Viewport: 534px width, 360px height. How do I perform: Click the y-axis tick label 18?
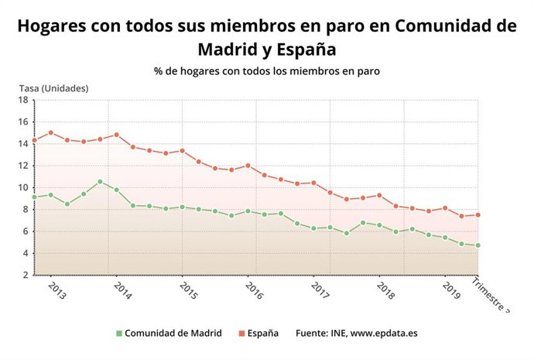pyautogui.click(x=22, y=100)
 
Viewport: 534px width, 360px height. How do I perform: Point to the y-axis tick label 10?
pyautogui.click(x=22, y=187)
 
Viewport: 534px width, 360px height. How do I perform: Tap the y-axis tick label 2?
pyautogui.click(x=25, y=275)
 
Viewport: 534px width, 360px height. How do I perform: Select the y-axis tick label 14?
pyautogui.click(x=22, y=143)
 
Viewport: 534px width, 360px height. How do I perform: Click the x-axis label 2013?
pyautogui.click(x=57, y=290)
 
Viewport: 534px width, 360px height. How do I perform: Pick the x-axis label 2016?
pyautogui.click(x=254, y=290)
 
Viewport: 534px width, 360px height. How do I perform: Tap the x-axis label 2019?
pyautogui.click(x=450, y=290)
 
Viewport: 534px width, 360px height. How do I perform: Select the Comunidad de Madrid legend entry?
pyautogui.click(x=169, y=333)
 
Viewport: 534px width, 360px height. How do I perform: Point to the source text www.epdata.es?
pyautogui.click(x=384, y=333)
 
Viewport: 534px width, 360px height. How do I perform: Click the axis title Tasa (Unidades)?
pyautogui.click(x=55, y=87)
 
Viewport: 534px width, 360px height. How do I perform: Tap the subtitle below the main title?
pyautogui.click(x=267, y=70)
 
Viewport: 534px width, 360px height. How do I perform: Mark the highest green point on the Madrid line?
pyautogui.click(x=100, y=182)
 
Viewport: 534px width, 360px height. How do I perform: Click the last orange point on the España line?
pyautogui.click(x=478, y=215)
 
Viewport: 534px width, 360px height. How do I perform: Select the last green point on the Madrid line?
pyautogui.click(x=478, y=245)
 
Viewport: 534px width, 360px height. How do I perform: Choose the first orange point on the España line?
pyautogui.click(x=34, y=141)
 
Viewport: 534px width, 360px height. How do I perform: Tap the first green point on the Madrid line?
pyautogui.click(x=34, y=197)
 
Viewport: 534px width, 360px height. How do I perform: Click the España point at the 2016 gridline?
pyautogui.click(x=248, y=165)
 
